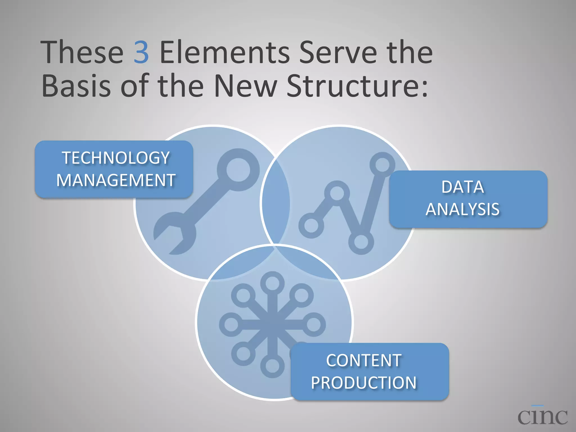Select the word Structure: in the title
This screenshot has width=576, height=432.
[357, 85]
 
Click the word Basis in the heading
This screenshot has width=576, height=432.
[76, 85]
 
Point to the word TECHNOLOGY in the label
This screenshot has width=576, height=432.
[116, 158]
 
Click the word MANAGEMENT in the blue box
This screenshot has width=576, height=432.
[116, 180]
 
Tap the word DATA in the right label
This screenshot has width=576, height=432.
[463, 187]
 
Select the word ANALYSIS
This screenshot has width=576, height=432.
[463, 210]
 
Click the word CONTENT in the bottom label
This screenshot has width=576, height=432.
[364, 361]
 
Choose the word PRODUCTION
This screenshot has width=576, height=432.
[364, 383]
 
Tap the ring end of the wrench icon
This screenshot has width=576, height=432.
[238, 170]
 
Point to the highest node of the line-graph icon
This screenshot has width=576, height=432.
[382, 165]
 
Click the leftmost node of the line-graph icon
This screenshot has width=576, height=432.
[311, 226]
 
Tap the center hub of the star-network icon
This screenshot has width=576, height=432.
[272, 325]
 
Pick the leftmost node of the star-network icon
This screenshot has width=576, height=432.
[231, 325]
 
